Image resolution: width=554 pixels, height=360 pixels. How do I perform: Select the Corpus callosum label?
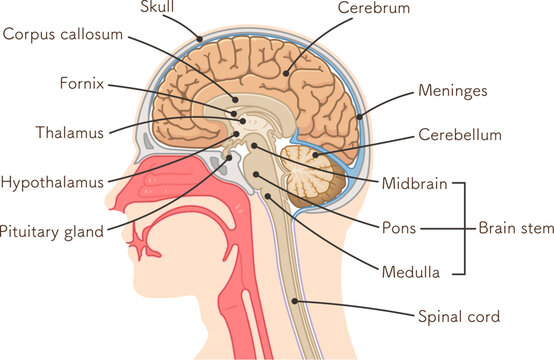click(x=62, y=34)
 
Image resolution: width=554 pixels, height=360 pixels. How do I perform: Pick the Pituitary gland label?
click(x=51, y=231)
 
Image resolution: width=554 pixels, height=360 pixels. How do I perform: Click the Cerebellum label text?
click(x=460, y=134)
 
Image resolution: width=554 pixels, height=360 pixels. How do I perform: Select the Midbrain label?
click(x=414, y=183)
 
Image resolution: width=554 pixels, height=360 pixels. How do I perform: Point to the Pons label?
click(x=400, y=228)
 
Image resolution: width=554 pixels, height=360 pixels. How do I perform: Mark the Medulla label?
click(x=408, y=270)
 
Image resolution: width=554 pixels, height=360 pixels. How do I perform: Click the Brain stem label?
click(x=514, y=228)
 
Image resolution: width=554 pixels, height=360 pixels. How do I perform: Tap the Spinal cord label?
click(x=458, y=317)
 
